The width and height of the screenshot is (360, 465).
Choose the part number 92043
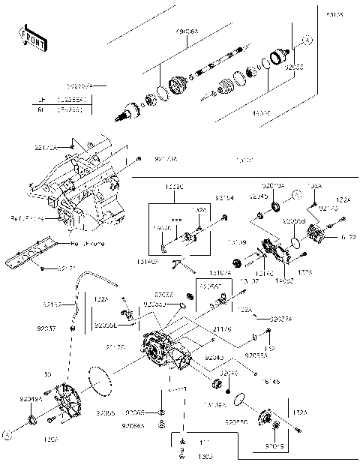214,358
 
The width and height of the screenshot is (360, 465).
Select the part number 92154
224,198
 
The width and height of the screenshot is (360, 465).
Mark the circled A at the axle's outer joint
305,39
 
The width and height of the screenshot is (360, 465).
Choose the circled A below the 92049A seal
8,433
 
